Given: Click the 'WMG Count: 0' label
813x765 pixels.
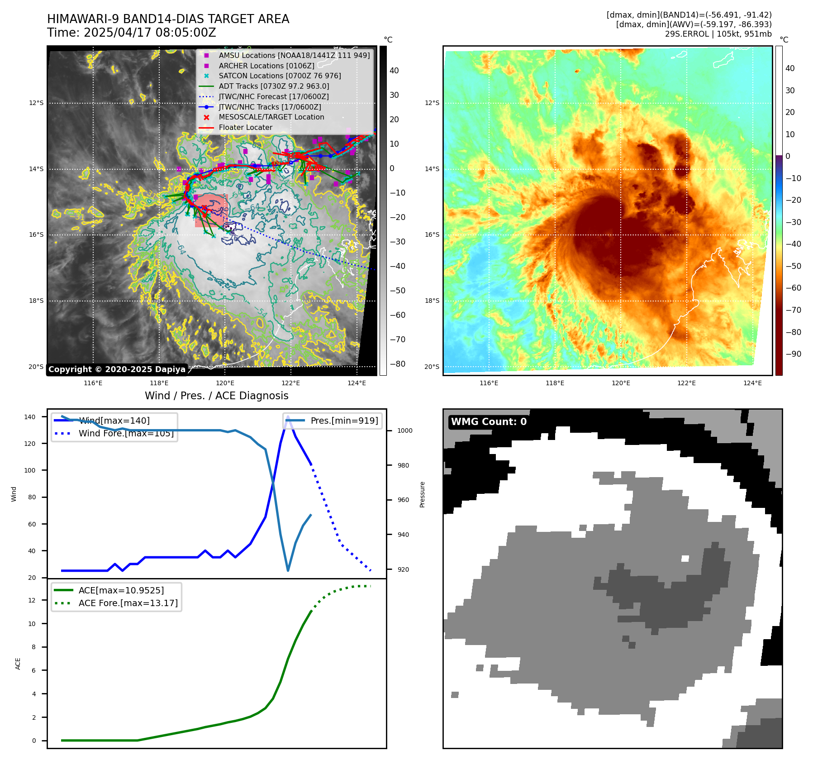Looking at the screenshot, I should click(x=489, y=422).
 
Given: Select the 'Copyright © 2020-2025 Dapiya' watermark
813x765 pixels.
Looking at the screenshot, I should click(x=117, y=369).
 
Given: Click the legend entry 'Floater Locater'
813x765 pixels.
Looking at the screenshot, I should click(x=245, y=128).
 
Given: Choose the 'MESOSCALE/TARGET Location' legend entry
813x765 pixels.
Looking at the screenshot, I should click(x=271, y=117).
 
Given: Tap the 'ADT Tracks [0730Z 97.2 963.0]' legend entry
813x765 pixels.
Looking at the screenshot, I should click(x=274, y=86).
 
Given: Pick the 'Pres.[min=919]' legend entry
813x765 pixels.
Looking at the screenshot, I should click(x=344, y=421).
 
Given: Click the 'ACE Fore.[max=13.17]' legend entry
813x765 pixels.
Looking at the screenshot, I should click(x=128, y=603).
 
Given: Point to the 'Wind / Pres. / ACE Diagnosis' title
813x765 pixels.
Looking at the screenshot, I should click(x=216, y=396).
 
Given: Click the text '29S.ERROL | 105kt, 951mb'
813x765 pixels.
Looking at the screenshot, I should click(x=718, y=34).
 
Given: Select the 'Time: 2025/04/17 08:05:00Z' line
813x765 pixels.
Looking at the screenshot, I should click(x=132, y=33).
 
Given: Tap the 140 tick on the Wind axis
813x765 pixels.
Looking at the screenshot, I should click(x=30, y=417).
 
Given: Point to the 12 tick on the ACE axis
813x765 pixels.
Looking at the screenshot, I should click(x=32, y=600).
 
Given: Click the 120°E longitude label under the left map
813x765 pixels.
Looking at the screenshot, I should click(x=225, y=383).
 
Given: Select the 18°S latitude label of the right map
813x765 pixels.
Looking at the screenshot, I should click(x=432, y=301).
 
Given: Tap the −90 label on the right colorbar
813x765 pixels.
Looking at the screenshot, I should click(x=793, y=354).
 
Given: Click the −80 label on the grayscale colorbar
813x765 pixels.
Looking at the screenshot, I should click(x=397, y=364).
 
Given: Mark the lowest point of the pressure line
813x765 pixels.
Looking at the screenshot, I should click(x=288, y=570).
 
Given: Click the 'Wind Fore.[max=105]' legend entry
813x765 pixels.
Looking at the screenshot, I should click(x=126, y=433).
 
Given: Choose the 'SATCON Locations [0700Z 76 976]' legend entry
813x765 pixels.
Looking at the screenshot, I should click(x=280, y=76).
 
